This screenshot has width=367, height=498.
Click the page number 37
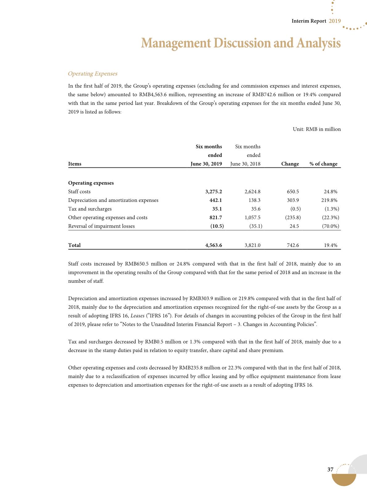pos(330,469)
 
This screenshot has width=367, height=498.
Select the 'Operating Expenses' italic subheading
pos(93,74)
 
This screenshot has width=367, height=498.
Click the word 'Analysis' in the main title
pos(319,43)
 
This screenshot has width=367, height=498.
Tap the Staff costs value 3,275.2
pos(213,191)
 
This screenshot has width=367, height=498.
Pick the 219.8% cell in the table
pos(329,200)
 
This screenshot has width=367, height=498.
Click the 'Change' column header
pos(290,164)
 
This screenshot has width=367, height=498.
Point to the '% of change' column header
pos(323,164)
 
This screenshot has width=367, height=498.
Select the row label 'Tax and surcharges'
pos(90,209)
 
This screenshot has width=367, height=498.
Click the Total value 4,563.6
pos(213,245)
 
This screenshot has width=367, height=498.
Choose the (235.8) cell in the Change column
pos(293,217)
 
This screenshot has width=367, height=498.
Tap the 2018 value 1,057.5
pos(252,217)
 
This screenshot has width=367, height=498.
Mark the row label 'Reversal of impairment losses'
pos(101,226)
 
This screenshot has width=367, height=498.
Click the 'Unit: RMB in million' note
pos(317,129)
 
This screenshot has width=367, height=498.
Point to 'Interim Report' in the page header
pos(309,21)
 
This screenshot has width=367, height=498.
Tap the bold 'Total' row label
pos(74,245)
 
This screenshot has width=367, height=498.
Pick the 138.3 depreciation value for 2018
pos(254,200)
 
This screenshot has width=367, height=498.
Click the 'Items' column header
pos(75,164)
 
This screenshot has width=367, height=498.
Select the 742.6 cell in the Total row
pos(293,245)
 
